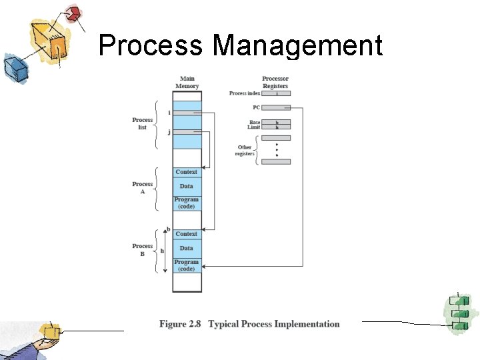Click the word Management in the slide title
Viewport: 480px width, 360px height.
pos(297,46)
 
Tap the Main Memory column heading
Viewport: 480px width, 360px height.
pos(187,83)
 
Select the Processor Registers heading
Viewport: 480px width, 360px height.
pos(275,83)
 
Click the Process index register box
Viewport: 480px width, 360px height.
pos(277,93)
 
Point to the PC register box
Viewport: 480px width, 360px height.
pos(277,107)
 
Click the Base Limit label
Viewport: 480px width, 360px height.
pos(255,125)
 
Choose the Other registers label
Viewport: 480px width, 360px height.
pos(245,151)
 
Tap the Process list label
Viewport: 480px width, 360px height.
pos(142,123)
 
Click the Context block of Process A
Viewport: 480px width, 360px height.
pos(187,172)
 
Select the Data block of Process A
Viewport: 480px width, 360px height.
pos(187,186)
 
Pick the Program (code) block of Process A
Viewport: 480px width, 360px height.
pos(187,203)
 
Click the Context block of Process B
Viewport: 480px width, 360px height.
pos(187,234)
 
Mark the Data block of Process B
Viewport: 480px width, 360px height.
pos(187,248)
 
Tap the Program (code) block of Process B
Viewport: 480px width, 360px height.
pos(187,265)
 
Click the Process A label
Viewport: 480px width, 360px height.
pos(142,187)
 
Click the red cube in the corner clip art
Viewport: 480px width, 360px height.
pos(74,13)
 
